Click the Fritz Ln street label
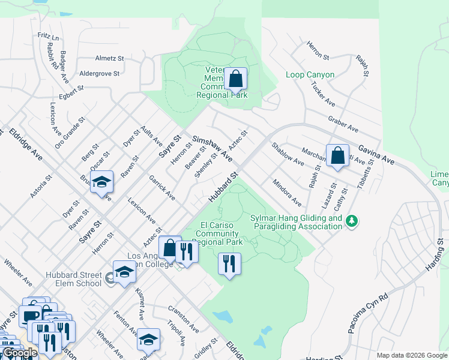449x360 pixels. (x=49, y=37)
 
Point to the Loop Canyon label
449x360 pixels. (x=310, y=75)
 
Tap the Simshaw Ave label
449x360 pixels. (x=212, y=148)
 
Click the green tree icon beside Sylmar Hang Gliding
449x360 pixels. (x=352, y=222)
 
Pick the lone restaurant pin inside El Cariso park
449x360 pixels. (x=229, y=263)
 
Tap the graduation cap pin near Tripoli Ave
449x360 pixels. (x=148, y=340)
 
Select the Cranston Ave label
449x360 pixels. (x=184, y=320)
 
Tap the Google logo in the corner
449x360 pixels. (x=20, y=353)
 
